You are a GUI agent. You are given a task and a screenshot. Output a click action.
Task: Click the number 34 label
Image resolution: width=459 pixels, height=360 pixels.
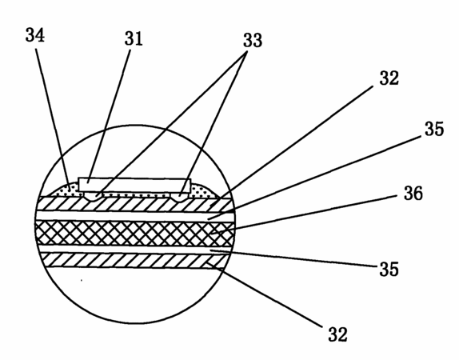[x=35, y=35]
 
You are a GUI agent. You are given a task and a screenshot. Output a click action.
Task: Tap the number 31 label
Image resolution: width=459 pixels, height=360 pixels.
[x=134, y=38]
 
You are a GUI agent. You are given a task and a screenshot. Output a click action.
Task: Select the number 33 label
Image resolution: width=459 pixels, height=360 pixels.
[x=253, y=40]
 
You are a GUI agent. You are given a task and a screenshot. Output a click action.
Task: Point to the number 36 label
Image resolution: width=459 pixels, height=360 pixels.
[x=413, y=194]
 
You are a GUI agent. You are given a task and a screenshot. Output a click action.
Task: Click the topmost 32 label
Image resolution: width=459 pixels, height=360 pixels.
[x=389, y=78]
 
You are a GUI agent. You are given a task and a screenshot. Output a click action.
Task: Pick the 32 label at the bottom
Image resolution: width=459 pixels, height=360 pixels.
[x=337, y=334]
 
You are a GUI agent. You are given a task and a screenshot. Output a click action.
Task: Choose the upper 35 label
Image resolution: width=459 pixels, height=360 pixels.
[x=434, y=129]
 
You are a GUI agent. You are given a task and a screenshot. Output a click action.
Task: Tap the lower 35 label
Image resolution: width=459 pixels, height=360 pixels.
[x=389, y=269]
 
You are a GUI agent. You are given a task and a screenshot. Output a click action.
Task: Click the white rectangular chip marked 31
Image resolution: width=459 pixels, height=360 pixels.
[x=134, y=185]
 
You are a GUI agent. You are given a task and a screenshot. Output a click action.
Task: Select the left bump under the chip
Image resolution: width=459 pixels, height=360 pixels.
[x=92, y=197]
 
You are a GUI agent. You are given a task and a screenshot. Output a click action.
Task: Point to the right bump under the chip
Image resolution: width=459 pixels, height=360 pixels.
[x=180, y=197]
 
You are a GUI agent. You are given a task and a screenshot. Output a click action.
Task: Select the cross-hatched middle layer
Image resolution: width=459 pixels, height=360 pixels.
[x=134, y=234]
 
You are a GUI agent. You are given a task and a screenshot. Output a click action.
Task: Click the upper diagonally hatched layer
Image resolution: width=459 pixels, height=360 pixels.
[x=135, y=204]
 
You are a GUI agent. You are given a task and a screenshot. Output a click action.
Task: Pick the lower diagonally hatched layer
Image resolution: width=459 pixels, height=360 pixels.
[x=134, y=260]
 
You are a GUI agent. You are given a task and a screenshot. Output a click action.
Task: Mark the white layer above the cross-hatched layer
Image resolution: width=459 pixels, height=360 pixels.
[x=135, y=216]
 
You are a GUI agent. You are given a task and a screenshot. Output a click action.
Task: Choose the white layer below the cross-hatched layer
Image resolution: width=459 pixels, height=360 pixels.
[x=134, y=249]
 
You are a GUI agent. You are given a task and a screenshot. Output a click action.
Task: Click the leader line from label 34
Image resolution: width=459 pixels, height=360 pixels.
[x=53, y=117]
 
